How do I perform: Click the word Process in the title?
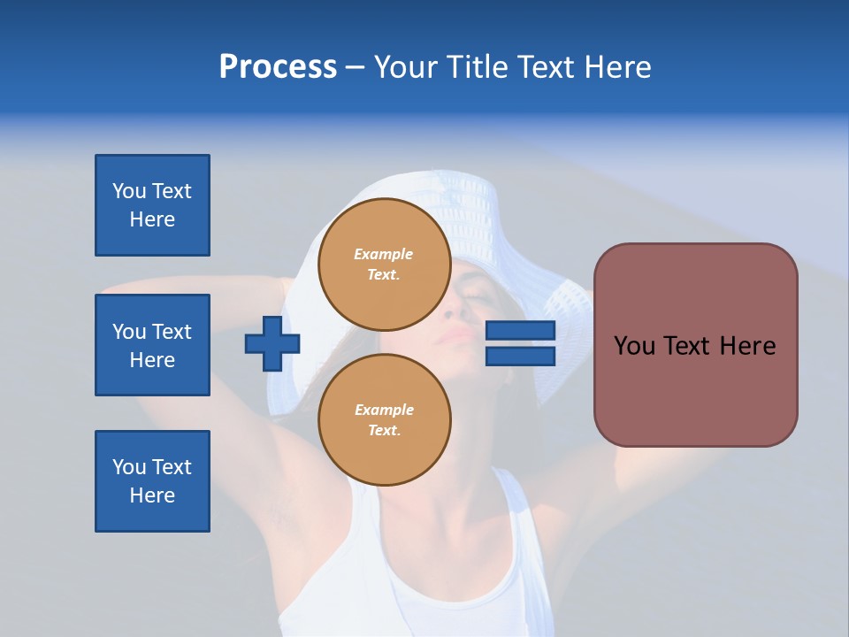(x=278, y=67)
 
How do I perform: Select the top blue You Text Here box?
(x=152, y=205)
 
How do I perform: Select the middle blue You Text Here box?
(x=152, y=345)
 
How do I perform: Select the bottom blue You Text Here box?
(x=152, y=481)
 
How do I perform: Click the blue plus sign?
(x=272, y=343)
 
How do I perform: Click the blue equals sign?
(x=521, y=343)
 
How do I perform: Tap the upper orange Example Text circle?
(x=384, y=264)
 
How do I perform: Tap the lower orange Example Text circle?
(x=384, y=419)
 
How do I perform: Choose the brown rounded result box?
(x=695, y=345)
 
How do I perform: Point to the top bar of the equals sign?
(x=521, y=331)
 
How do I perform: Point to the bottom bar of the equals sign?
(x=521, y=357)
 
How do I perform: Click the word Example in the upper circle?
(x=384, y=254)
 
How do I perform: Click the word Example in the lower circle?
(x=384, y=410)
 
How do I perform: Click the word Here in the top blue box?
(x=152, y=219)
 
